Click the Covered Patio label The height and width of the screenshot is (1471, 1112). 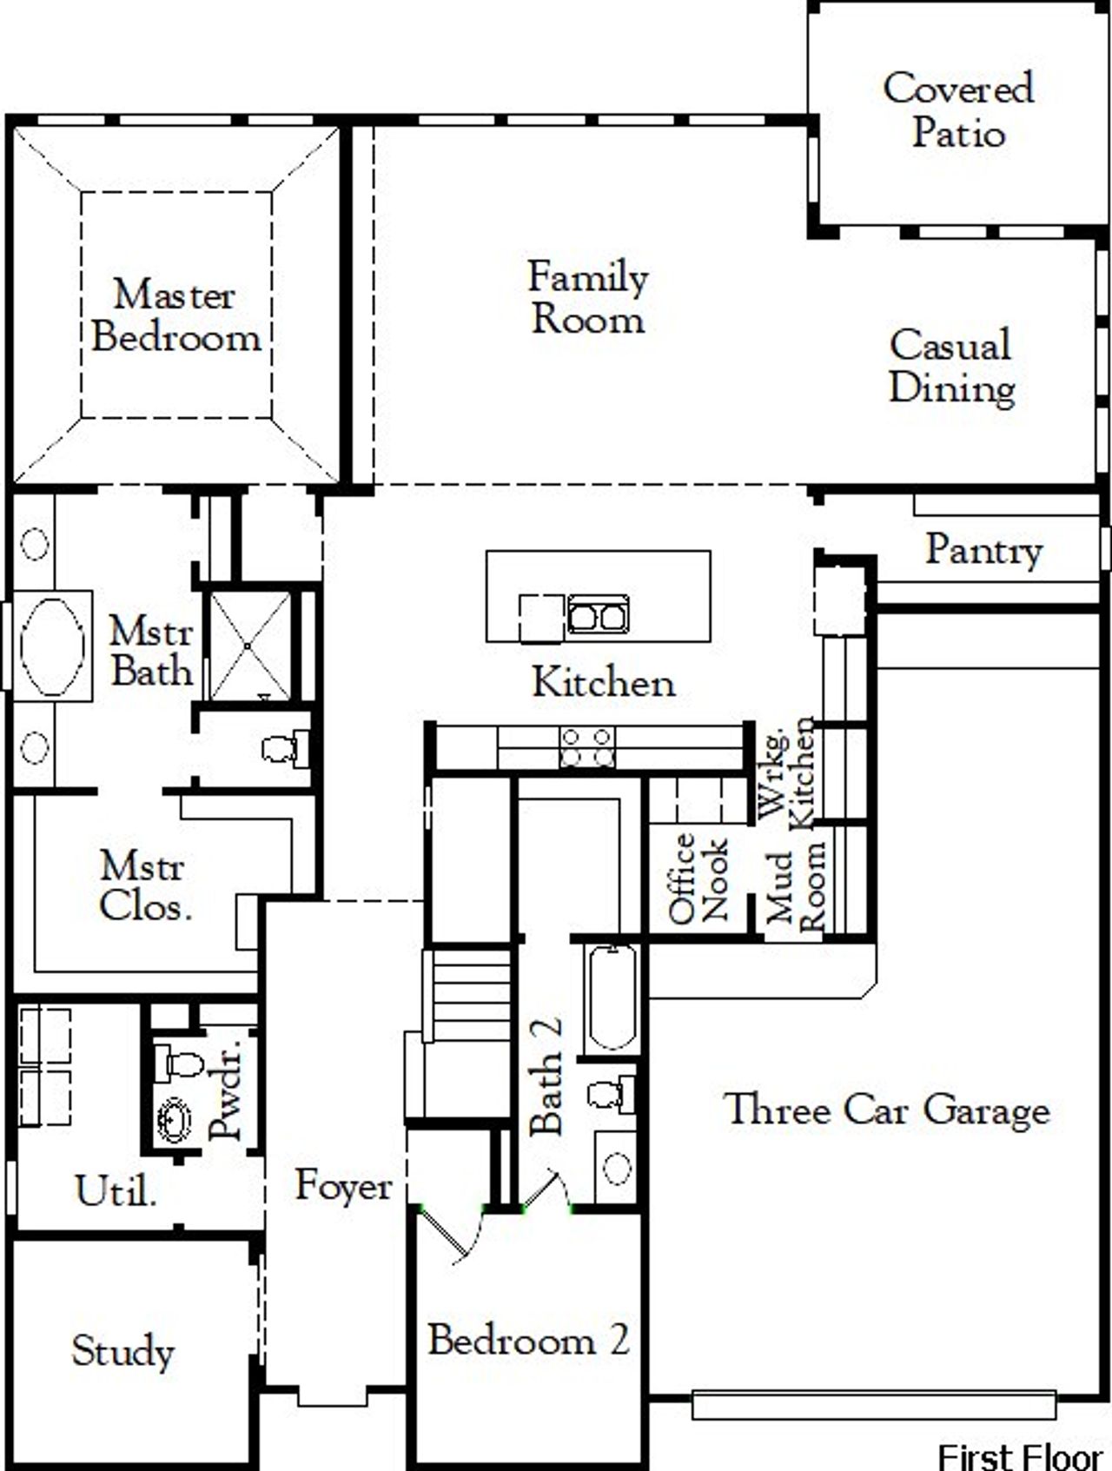click(958, 110)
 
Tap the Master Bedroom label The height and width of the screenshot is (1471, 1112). click(175, 316)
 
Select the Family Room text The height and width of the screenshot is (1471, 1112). click(588, 298)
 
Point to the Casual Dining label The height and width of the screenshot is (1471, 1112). click(951, 367)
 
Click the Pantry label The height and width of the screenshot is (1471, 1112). click(983, 550)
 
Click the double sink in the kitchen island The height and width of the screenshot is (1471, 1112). click(598, 616)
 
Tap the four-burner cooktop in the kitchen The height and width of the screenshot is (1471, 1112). click(587, 748)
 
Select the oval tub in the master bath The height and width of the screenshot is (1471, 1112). click(52, 645)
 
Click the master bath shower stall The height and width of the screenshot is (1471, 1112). click(250, 646)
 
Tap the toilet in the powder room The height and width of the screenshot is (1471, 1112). click(179, 1063)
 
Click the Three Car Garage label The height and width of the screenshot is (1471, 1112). click(887, 1110)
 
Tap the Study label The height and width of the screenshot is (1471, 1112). click(122, 1351)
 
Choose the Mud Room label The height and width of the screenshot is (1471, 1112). click(795, 886)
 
